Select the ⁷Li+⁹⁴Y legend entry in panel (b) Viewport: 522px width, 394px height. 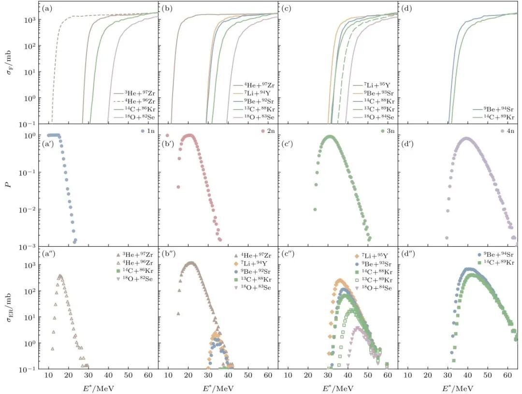(x=257, y=101)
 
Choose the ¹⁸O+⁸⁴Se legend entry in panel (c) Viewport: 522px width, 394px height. (x=377, y=117)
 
